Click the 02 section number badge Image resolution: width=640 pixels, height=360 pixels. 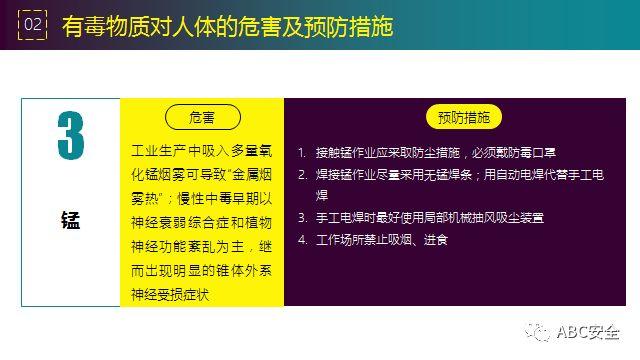[x=33, y=24]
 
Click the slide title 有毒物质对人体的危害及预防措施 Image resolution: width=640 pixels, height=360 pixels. [x=227, y=25]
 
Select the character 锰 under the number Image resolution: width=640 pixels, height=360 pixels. [x=70, y=220]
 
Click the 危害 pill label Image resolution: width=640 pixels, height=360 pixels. [x=201, y=117]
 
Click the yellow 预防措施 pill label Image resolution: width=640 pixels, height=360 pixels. [x=463, y=117]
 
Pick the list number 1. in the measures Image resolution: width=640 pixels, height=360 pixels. [x=301, y=153]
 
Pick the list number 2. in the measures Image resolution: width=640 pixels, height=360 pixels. [x=301, y=175]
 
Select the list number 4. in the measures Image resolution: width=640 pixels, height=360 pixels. [x=301, y=240]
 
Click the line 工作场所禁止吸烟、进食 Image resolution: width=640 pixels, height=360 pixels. [x=381, y=240]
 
